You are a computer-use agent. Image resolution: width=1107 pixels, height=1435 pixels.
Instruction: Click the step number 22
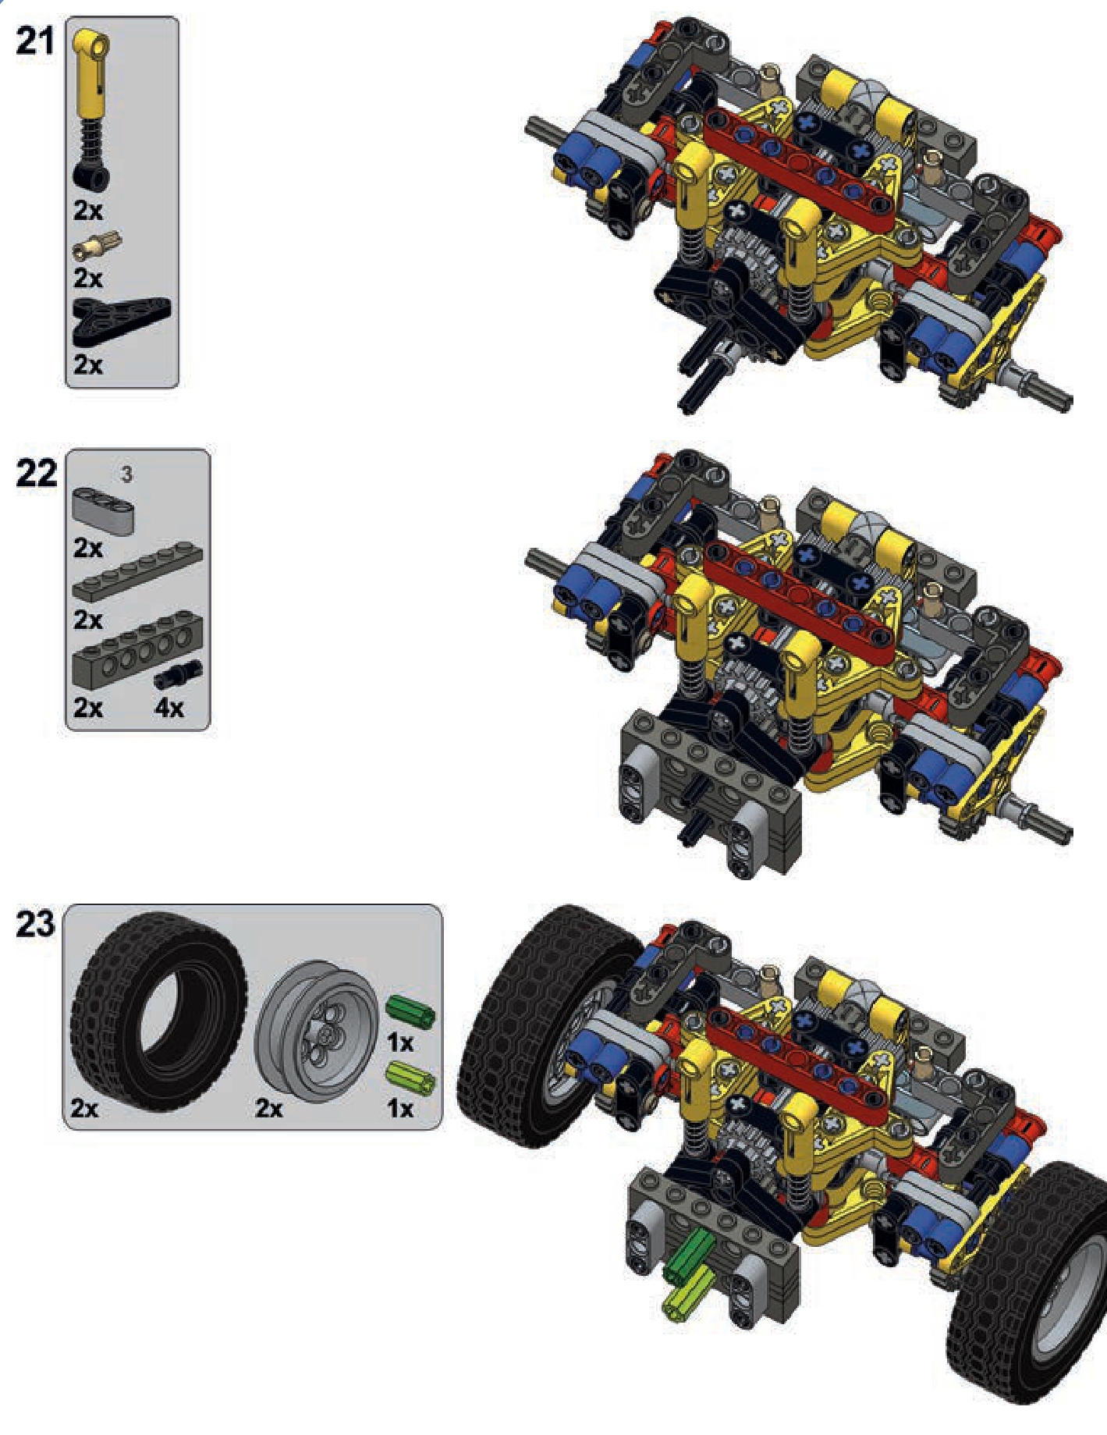coord(36,474)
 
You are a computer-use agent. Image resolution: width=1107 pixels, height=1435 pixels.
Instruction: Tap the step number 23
coord(35,924)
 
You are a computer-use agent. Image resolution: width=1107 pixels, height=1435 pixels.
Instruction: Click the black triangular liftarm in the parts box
coord(121,321)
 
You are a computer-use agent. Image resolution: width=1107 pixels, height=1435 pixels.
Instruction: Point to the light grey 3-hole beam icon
coord(104,510)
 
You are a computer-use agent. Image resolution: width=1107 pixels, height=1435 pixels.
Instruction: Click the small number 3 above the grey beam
coord(126,474)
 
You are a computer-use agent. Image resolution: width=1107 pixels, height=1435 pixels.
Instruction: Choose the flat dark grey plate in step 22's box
coord(137,572)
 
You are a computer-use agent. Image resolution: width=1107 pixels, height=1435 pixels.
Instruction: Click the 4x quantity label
coord(169,708)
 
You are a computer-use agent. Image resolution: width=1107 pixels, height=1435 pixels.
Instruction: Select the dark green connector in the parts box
coord(410,1012)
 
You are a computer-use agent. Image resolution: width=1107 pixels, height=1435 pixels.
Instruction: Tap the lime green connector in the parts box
coord(410,1078)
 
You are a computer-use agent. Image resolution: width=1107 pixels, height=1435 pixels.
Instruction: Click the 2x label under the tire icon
coord(85,1108)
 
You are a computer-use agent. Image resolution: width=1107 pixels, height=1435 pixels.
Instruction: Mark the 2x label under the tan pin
coord(88,278)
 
